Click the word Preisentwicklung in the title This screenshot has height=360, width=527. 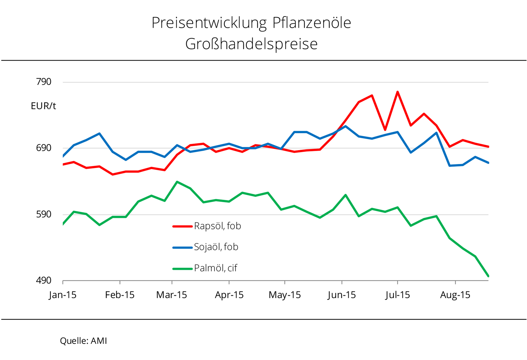[209, 23]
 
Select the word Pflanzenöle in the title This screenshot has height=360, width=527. [312, 23]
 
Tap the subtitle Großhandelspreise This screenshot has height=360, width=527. [251, 44]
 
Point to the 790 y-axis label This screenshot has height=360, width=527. [44, 82]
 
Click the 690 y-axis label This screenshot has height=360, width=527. [44, 148]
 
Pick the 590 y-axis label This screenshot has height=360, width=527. [44, 214]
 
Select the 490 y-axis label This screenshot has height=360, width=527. [44, 280]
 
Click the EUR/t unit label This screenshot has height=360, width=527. [43, 106]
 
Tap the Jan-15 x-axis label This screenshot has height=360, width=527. [63, 295]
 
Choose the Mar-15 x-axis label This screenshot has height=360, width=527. [171, 295]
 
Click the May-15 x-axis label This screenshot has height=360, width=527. [285, 295]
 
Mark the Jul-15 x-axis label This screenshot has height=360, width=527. [398, 295]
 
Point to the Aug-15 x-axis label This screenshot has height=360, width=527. [455, 295]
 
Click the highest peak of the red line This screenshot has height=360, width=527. [398, 92]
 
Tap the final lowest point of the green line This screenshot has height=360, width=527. [488, 276]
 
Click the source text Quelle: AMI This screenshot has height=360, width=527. [83, 341]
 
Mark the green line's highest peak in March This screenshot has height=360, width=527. [177, 182]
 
